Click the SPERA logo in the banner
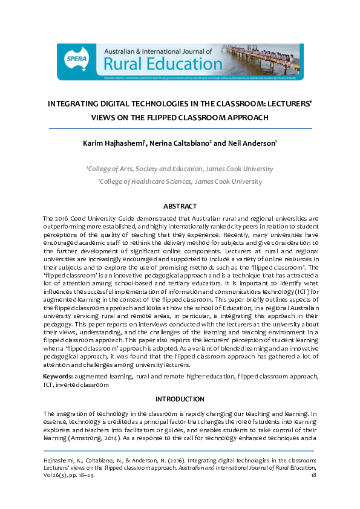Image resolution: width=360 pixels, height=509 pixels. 75,59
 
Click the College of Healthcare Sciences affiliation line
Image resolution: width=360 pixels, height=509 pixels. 180,181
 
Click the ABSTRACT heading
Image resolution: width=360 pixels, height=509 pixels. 180,206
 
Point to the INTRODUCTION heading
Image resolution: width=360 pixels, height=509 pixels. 180,399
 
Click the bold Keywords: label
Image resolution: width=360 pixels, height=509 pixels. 59,377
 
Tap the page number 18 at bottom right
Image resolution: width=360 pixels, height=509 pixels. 313,476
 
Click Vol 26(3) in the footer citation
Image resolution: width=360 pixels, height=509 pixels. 57,476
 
